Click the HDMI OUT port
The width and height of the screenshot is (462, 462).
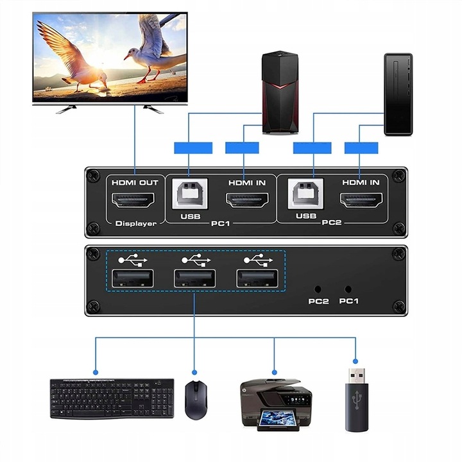(x=134, y=201)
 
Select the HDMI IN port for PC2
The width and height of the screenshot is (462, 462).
(x=361, y=201)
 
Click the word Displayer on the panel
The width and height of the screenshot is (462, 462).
(x=135, y=224)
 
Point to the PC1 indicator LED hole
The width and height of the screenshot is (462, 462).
(x=348, y=289)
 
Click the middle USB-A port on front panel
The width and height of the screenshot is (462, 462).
(x=194, y=278)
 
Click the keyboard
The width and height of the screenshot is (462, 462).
(x=112, y=398)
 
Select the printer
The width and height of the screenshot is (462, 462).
(x=275, y=404)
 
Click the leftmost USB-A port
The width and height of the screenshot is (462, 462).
(x=133, y=278)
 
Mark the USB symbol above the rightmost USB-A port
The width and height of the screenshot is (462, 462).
(x=257, y=260)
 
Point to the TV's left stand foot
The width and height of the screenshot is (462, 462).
(x=67, y=109)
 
